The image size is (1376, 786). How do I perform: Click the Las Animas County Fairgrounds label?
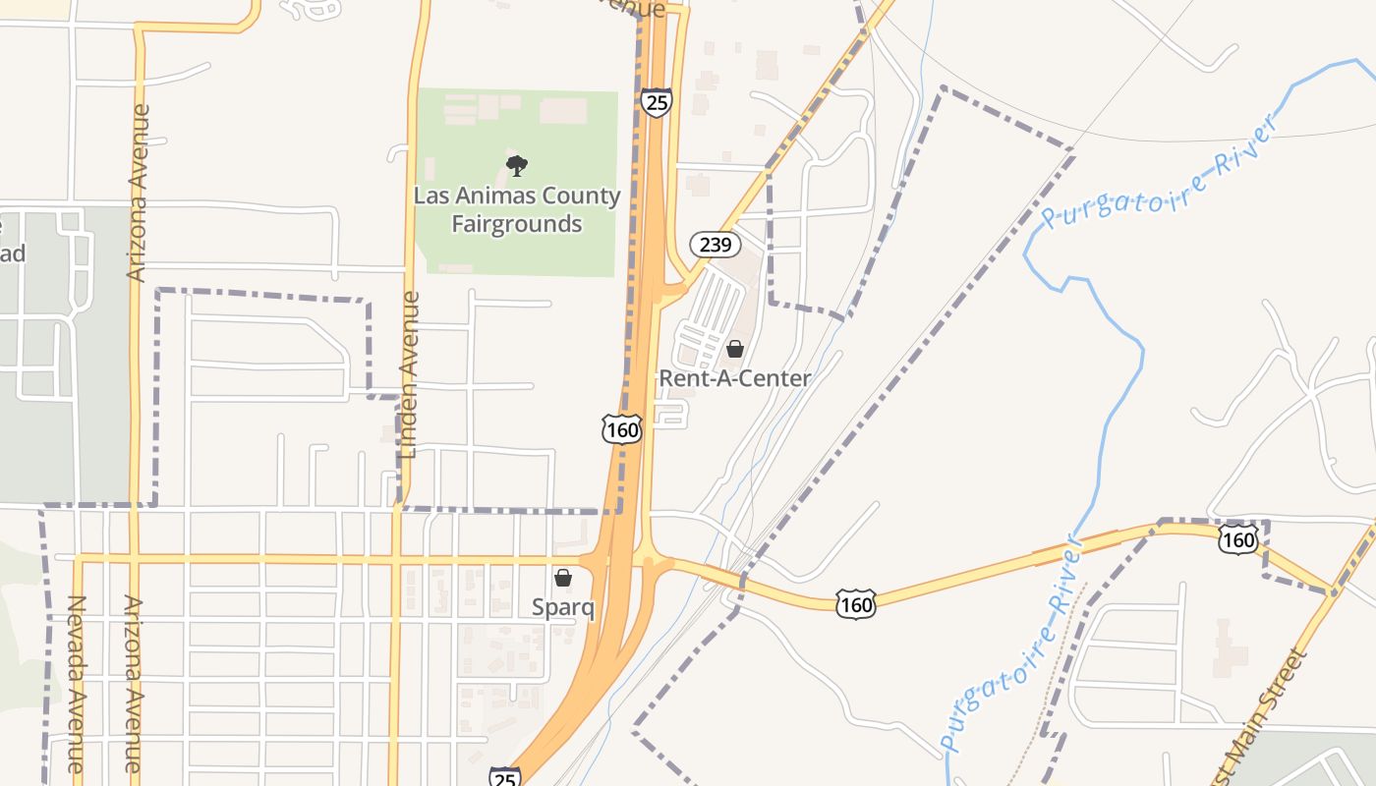(x=517, y=210)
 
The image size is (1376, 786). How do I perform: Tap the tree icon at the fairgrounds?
(x=516, y=166)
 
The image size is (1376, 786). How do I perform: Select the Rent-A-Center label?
(x=734, y=378)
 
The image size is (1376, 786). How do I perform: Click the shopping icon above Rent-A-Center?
(x=734, y=349)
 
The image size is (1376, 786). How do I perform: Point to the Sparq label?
(x=563, y=607)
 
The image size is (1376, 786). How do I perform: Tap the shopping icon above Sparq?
(x=563, y=578)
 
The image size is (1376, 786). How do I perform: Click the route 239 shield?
(x=715, y=244)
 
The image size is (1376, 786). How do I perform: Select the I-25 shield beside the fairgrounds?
(x=656, y=101)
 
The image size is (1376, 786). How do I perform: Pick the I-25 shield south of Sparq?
(x=504, y=777)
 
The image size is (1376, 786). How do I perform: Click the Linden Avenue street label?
(x=410, y=373)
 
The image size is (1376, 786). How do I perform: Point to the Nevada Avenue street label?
(x=77, y=683)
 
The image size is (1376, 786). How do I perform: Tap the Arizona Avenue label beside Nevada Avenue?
(x=132, y=683)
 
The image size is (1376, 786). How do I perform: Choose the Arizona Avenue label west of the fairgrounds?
(x=139, y=193)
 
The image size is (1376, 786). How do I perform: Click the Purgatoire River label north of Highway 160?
(x=1162, y=172)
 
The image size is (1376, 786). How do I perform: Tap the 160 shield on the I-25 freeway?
(x=622, y=429)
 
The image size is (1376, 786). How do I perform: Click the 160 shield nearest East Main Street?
(x=1237, y=538)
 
